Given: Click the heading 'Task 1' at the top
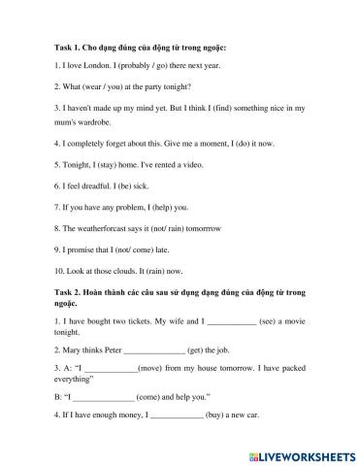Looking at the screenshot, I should click(x=59, y=47).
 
